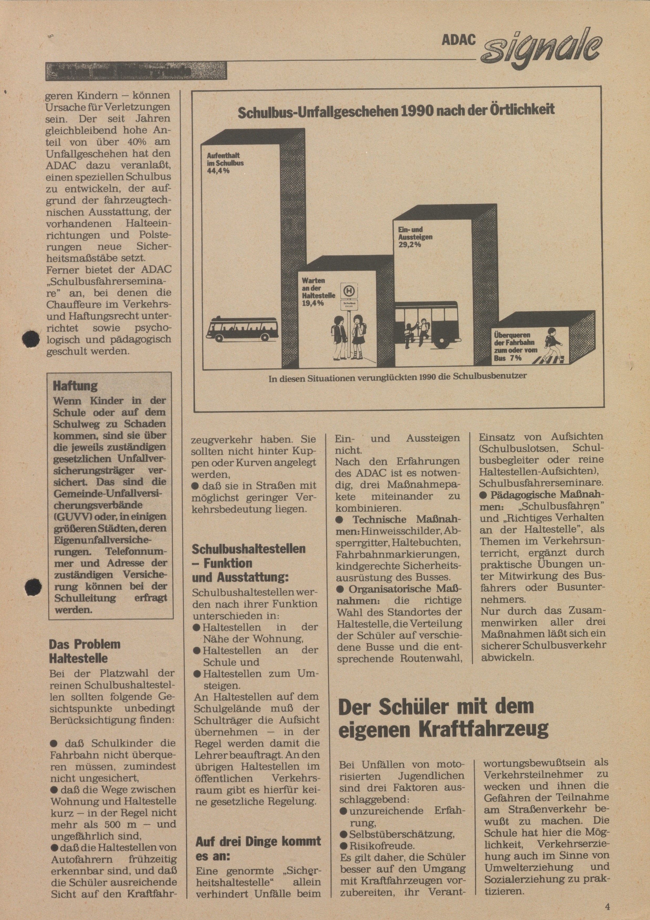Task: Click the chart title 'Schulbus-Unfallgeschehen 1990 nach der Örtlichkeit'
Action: [396, 110]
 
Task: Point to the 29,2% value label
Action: [410, 244]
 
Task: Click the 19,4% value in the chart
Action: [313, 303]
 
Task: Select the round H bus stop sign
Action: [350, 291]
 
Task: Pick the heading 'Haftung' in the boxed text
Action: [75, 386]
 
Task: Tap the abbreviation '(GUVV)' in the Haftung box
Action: [70, 517]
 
